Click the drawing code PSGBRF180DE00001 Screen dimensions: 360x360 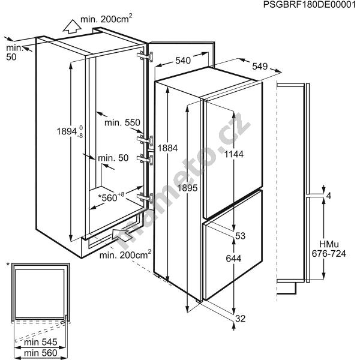coord(309,5)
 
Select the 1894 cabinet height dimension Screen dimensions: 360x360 coord(70,131)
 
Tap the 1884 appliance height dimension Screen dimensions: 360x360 coord(167,148)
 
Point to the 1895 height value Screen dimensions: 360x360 coord(187,188)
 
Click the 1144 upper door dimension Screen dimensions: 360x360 coord(234,154)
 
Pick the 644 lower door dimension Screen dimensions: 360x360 coord(233,259)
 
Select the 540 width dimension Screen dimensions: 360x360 coord(183,61)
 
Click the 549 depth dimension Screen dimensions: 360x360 coord(260,67)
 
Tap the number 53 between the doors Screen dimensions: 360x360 coord(241,236)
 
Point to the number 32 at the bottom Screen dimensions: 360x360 coord(241,319)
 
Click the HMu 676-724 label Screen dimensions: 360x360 coord(329,249)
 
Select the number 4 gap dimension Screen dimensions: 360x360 coord(329,196)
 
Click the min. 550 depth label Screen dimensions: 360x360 coord(122,122)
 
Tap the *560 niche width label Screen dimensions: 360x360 coord(111,197)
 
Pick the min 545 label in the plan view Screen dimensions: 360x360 coord(40,342)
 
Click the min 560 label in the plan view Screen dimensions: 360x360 coord(40,353)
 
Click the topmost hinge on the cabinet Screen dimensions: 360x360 coord(145,56)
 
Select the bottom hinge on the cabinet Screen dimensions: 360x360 coord(145,197)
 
